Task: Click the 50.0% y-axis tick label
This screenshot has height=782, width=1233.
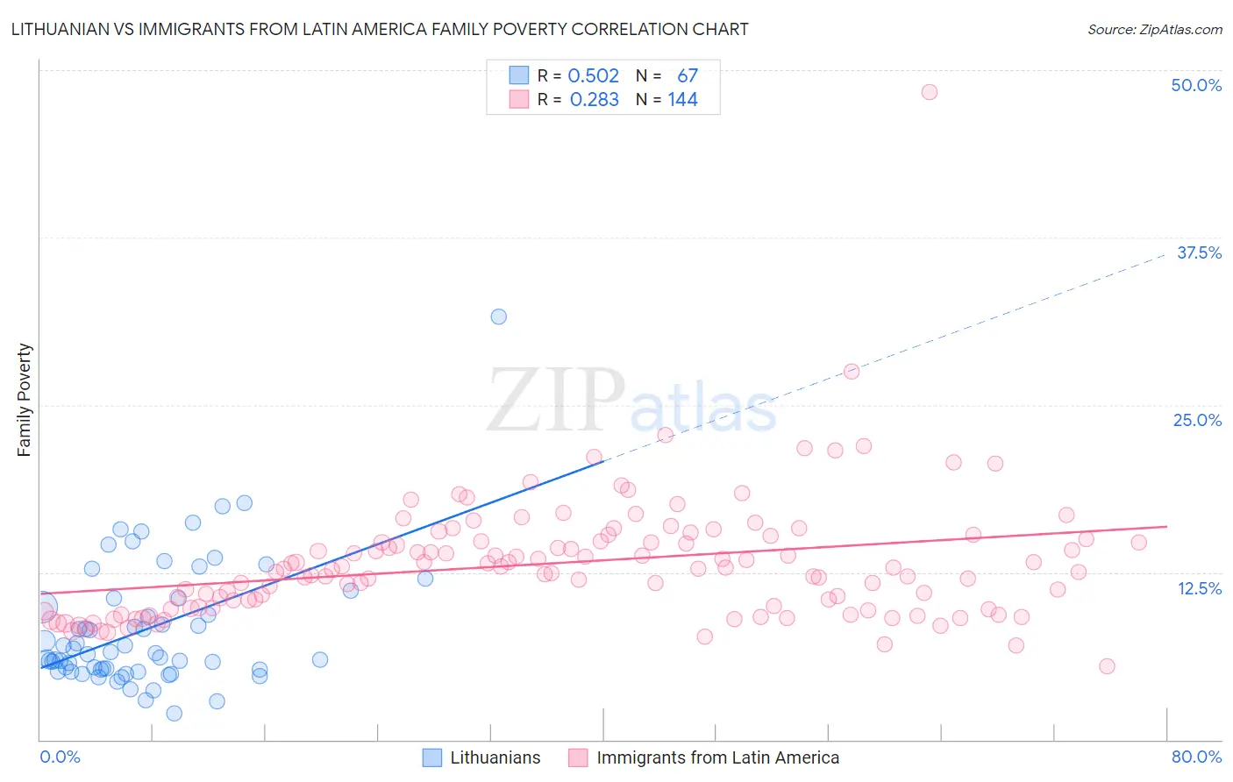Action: [1196, 85]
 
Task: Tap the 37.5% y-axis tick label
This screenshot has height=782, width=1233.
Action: [1199, 252]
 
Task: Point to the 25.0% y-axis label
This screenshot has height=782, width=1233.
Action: [1197, 420]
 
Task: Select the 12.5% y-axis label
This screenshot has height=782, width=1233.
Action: [1199, 588]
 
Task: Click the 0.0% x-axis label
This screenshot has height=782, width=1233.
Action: [60, 757]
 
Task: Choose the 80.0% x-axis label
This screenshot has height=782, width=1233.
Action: [1196, 757]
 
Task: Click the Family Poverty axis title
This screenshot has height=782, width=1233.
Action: [25, 400]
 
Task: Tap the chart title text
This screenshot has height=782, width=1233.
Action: [380, 29]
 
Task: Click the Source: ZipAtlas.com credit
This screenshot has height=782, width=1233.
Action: [1154, 29]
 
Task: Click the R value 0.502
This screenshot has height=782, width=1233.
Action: [594, 75]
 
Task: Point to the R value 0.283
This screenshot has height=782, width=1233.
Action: [595, 99]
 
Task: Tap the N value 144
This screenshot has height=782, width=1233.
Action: [682, 99]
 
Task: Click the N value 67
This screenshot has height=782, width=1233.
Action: [688, 75]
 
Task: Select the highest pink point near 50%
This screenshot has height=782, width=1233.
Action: [930, 92]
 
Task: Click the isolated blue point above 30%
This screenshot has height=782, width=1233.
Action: [499, 316]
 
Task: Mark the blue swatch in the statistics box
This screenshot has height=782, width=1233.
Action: [519, 75]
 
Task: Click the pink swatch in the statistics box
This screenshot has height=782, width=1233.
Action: [519, 99]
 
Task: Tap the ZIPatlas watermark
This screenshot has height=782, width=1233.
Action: [631, 400]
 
